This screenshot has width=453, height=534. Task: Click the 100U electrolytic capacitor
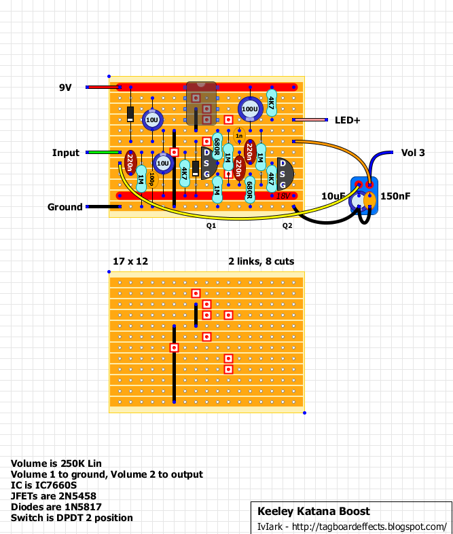tap(250, 109)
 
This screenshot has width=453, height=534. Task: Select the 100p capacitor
tap(152, 180)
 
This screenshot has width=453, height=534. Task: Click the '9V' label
tap(65, 88)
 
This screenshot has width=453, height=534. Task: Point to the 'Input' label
tap(66, 153)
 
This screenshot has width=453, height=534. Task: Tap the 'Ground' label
tap(65, 207)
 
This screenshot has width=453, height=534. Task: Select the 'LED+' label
tap(347, 120)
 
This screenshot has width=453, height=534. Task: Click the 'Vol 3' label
tap(413, 153)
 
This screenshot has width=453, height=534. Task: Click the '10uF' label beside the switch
tap(333, 196)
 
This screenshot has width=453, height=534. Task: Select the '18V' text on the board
tap(283, 195)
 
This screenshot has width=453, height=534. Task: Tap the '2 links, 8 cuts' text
tap(261, 261)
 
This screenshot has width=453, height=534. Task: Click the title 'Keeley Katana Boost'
tap(314, 511)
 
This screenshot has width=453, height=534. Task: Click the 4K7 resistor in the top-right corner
tap(271, 103)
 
